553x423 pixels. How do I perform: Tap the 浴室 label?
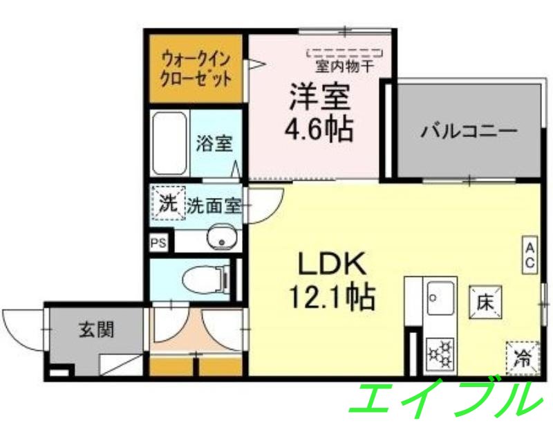[x=214, y=144]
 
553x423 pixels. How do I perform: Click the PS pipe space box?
[x=158, y=242]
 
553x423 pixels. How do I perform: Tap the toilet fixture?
[x=208, y=280]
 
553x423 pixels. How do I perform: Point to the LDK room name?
[x=330, y=263]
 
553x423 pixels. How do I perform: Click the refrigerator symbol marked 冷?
[x=522, y=359]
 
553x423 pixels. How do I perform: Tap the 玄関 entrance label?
[x=95, y=330]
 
